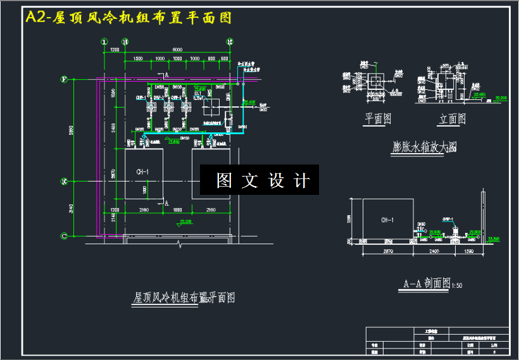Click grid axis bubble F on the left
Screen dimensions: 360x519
click(x=64, y=80)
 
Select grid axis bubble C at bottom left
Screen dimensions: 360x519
click(x=64, y=236)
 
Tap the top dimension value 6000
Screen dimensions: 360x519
click(x=177, y=49)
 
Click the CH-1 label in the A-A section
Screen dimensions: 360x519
click(x=387, y=220)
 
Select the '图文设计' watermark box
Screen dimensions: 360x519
click(x=259, y=180)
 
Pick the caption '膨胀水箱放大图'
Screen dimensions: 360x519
click(x=424, y=148)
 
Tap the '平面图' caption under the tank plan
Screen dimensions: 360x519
click(x=378, y=118)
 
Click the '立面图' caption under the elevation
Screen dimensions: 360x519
click(x=453, y=118)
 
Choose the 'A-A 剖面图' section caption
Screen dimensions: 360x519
click(x=426, y=283)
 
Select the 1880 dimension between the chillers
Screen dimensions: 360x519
click(x=177, y=209)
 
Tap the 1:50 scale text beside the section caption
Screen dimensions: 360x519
click(x=456, y=286)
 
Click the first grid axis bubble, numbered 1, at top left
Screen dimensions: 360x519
click(x=105, y=41)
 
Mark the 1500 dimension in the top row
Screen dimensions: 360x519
click(x=137, y=59)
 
